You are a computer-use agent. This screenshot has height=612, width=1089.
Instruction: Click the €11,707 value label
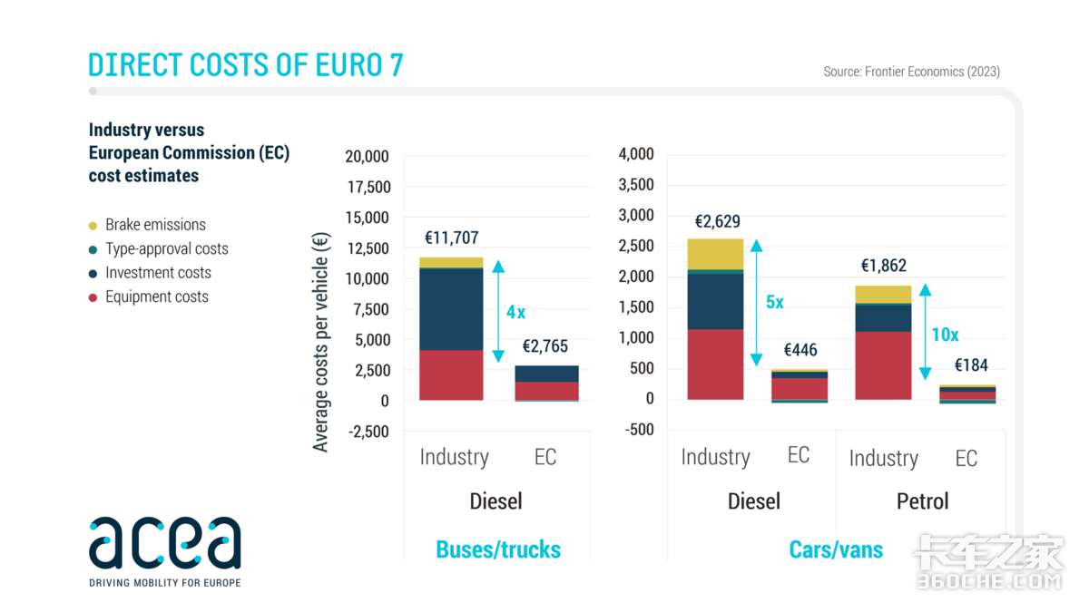(451, 238)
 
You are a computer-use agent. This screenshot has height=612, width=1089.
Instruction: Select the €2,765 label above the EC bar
(544, 346)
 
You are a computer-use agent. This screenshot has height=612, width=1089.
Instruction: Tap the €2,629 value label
(717, 221)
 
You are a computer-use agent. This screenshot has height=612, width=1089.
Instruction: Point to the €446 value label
(800, 350)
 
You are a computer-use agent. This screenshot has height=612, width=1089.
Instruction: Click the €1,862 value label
(883, 266)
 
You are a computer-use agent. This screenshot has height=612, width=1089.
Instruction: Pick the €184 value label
(971, 365)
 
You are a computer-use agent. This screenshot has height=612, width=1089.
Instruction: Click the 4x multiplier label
(515, 312)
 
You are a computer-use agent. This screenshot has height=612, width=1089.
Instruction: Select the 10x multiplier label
(945, 335)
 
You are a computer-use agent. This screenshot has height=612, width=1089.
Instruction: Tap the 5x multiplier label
(774, 302)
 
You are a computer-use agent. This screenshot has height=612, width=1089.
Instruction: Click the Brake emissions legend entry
(155, 225)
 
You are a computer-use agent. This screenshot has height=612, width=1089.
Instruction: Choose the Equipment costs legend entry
(156, 296)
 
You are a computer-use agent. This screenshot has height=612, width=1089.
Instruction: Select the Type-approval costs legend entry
(166, 248)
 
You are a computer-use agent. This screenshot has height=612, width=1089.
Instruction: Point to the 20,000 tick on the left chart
(367, 156)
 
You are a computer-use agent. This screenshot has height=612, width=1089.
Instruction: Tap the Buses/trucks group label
(498, 549)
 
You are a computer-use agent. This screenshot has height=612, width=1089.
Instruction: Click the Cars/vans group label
(836, 549)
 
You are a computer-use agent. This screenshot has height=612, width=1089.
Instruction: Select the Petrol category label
(922, 501)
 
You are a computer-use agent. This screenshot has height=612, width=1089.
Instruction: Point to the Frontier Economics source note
(911, 71)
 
